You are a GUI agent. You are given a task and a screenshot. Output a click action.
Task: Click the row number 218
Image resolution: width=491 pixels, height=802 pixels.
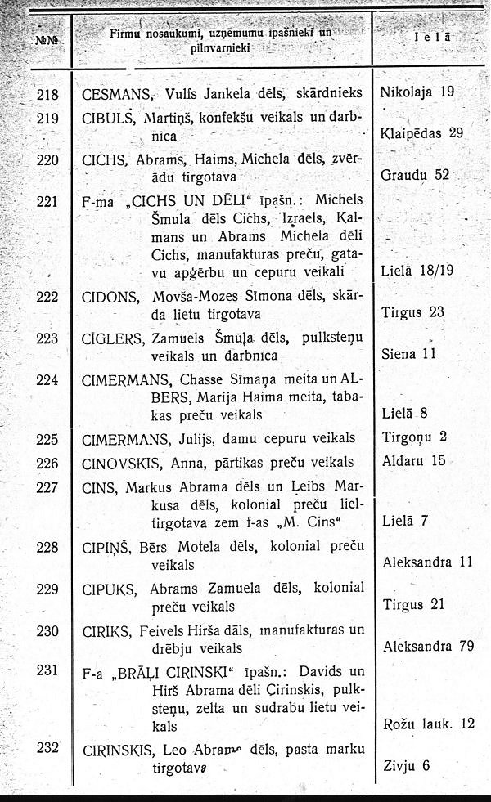point(48,92)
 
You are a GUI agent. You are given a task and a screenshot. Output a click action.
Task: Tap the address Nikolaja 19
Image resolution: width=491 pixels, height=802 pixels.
point(417,92)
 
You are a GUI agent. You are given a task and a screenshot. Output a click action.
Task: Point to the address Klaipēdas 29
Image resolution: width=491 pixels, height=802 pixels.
point(422,132)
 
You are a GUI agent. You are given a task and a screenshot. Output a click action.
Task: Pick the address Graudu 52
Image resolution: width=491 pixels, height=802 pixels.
point(416,175)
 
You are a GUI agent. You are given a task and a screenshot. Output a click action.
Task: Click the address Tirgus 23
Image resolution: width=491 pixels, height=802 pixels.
point(413,312)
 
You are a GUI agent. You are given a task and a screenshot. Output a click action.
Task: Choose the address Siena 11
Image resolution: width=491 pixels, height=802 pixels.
point(410,355)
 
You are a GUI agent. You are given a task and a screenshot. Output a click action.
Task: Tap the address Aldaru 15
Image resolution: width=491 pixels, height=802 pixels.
point(414,461)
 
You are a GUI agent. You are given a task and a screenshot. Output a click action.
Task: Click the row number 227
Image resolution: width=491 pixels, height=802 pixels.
point(48,487)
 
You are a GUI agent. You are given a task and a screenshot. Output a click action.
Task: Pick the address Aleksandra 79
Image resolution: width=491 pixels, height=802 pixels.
point(429,646)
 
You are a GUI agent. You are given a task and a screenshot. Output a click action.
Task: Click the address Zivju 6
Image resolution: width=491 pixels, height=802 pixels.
point(406,766)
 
